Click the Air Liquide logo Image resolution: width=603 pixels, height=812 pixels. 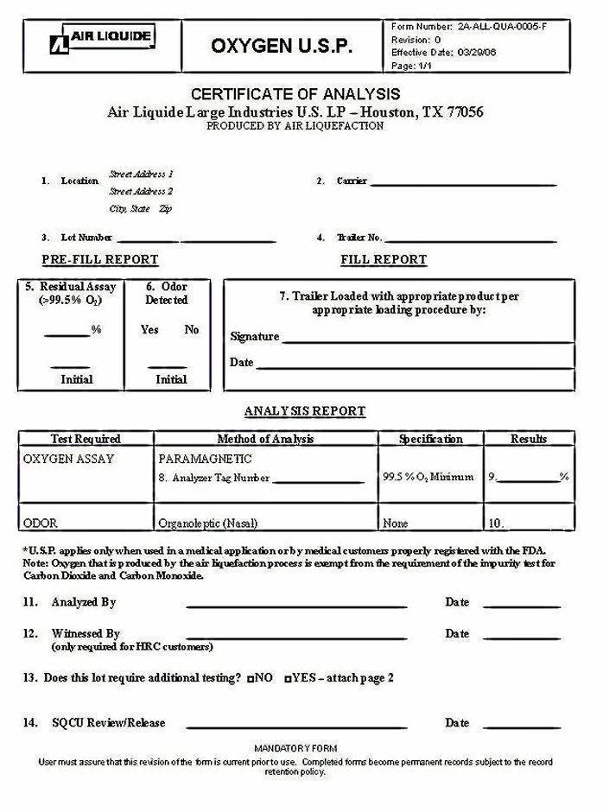[x=102, y=38]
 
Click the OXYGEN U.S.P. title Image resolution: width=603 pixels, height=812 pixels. [x=282, y=47]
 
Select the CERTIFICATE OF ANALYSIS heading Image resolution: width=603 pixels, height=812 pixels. [x=295, y=94]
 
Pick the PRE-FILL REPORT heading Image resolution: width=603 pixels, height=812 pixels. [x=100, y=259]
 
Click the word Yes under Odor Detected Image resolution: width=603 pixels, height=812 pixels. [x=149, y=329]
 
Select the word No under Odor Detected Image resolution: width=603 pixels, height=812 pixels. [x=192, y=329]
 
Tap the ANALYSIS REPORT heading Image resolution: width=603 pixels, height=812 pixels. [x=305, y=411]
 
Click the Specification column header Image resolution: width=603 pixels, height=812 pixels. [x=430, y=439]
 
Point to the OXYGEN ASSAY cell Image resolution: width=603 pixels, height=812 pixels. [x=68, y=459]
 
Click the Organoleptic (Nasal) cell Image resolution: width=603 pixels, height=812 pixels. [x=208, y=523]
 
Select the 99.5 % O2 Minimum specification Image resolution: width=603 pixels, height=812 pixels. [x=428, y=477]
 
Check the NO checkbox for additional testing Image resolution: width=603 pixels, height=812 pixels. [x=250, y=679]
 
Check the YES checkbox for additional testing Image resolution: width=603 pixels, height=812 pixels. [x=288, y=679]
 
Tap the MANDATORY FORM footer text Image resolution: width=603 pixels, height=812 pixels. [x=296, y=747]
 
